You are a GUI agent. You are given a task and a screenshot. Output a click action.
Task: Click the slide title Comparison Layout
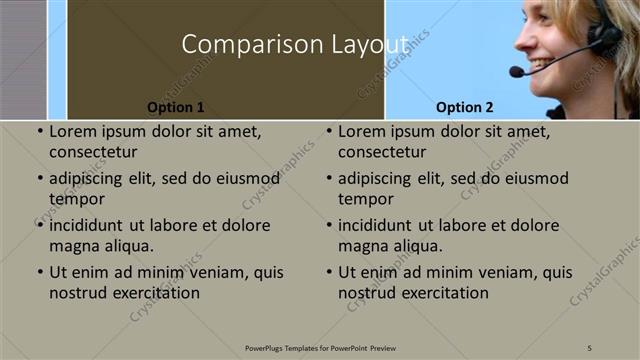coord(294,45)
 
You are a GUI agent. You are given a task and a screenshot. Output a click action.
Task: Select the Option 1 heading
coord(176,107)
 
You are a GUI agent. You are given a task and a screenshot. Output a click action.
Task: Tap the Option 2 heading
coord(465,107)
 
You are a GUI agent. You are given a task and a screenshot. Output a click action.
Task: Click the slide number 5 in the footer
coord(590,347)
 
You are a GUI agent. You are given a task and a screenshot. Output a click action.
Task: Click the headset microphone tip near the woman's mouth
coord(516,72)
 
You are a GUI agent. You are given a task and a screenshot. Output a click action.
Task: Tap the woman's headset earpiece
coord(603,38)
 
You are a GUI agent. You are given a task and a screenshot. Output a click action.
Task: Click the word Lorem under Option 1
coord(72,131)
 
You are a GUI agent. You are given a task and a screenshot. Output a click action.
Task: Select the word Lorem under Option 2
coord(361,131)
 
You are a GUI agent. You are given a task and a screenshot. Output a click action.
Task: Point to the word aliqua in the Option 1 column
coord(127,246)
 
